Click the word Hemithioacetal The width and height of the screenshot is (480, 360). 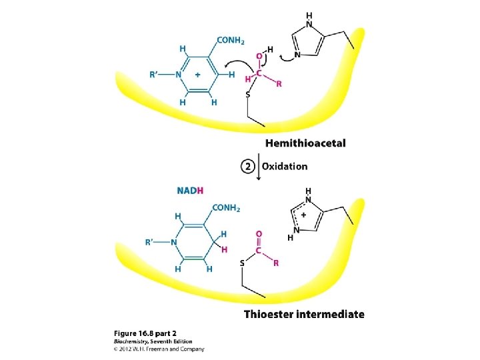(x=305, y=143)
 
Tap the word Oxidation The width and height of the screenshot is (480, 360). (x=285, y=167)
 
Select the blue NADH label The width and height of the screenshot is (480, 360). (x=190, y=191)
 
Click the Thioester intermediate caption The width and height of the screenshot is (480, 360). (x=304, y=314)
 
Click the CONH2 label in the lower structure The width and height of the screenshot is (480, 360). (x=227, y=208)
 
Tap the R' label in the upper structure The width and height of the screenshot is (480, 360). (x=157, y=75)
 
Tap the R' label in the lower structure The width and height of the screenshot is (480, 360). (x=153, y=242)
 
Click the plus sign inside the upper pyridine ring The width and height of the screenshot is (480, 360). (x=198, y=75)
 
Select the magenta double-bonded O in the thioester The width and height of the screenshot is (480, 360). (x=259, y=234)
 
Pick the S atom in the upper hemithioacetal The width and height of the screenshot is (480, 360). (x=247, y=95)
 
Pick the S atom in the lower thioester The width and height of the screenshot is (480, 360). (x=242, y=263)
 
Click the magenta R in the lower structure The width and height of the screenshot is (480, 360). (x=276, y=263)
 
